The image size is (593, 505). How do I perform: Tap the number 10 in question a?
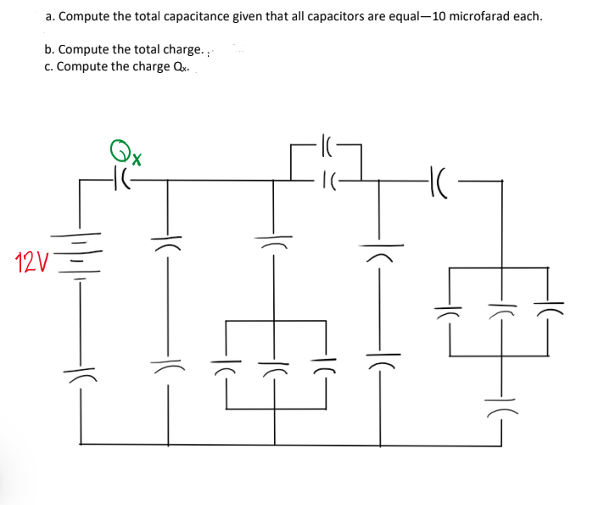point(439,17)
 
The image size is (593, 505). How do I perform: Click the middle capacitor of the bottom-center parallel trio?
point(273,369)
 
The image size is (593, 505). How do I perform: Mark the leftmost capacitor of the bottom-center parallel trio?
point(226,369)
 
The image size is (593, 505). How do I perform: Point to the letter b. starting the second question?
point(50,50)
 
